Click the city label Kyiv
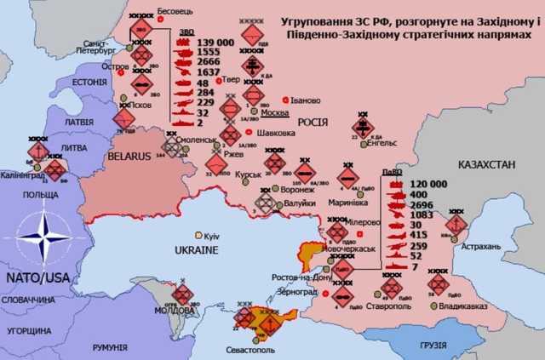213,234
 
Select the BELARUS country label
129,157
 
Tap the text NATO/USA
38,277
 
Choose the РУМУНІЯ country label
110,347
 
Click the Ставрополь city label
391,303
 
